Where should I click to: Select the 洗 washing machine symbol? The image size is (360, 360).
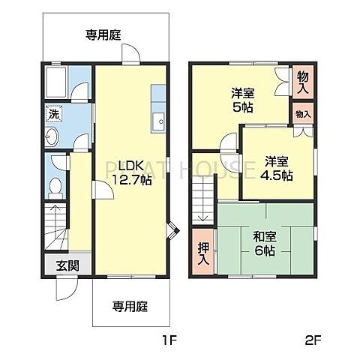[53, 115]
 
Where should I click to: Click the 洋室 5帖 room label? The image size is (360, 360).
[242, 100]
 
